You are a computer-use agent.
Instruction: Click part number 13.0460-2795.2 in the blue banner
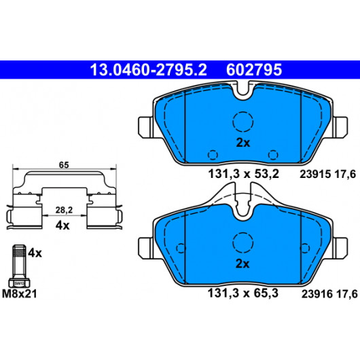pyautogui.click(x=148, y=70)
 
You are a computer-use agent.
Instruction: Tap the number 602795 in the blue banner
pyautogui.click(x=254, y=70)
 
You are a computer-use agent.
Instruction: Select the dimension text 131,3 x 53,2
pyautogui.click(x=243, y=174)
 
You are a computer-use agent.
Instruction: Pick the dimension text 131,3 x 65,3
pyautogui.click(x=243, y=293)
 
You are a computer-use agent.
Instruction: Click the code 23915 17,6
pyautogui.click(x=327, y=175)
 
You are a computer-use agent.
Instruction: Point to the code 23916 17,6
pyautogui.click(x=329, y=294)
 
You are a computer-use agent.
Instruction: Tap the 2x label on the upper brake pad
pyautogui.click(x=243, y=143)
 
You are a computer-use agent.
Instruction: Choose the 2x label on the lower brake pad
pyautogui.click(x=242, y=264)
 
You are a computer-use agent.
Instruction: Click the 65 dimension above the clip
pyautogui.click(x=64, y=165)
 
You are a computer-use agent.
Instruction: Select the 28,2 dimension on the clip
pyautogui.click(x=64, y=210)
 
